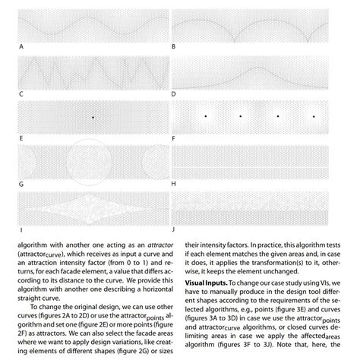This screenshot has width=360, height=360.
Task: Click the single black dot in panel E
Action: point(93,116)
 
